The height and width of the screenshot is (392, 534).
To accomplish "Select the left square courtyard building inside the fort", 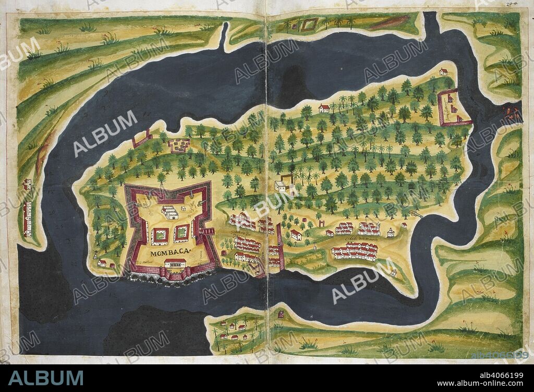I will (x=160, y=235).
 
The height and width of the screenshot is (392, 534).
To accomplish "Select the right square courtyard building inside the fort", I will (x=181, y=232).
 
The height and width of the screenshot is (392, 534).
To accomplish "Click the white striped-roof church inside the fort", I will (x=169, y=212).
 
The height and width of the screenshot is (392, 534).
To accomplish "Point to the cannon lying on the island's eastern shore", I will (x=416, y=213).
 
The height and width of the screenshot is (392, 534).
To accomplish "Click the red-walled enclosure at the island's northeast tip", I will (x=454, y=108).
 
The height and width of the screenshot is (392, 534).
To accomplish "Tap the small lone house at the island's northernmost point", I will (x=443, y=71).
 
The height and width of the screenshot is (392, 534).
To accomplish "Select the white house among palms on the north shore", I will (x=324, y=108).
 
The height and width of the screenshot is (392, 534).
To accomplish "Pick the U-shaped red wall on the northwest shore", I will (x=142, y=139).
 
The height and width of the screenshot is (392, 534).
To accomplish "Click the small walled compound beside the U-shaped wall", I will (x=179, y=145).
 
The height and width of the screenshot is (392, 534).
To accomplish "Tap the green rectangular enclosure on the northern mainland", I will (x=309, y=24).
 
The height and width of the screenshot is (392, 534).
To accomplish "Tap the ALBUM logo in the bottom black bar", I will (x=45, y=378).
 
